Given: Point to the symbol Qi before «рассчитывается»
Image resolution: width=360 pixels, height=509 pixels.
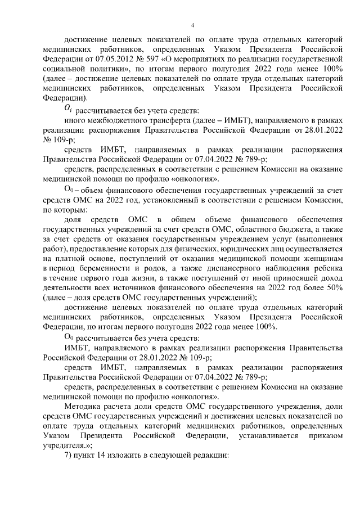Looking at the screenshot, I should pos(67,107).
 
